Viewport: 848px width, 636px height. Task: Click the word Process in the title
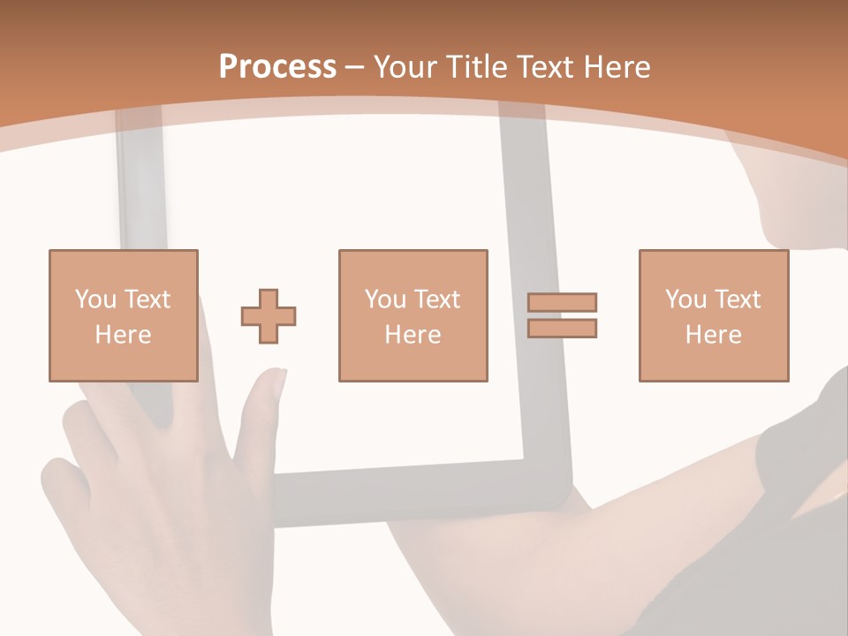coord(277,67)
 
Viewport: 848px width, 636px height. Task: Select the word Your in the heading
coord(406,67)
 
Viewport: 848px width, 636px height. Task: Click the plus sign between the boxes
coord(269,316)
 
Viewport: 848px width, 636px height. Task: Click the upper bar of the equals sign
coord(562,302)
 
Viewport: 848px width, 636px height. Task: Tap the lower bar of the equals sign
coord(562,329)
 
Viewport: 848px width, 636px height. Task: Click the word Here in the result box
coord(713,335)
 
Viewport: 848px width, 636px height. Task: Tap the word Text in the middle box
coord(437,299)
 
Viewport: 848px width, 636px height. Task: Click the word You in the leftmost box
coord(95,299)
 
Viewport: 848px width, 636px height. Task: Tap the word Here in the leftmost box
coord(123,335)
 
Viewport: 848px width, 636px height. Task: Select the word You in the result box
coord(685,299)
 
